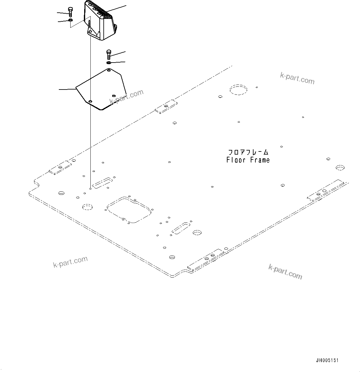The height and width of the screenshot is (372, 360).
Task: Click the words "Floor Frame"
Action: [x=248, y=160]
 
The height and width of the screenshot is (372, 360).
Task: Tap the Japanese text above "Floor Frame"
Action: [x=248, y=152]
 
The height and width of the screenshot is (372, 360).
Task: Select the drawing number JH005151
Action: [x=327, y=361]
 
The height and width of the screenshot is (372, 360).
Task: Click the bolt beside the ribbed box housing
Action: [x=70, y=12]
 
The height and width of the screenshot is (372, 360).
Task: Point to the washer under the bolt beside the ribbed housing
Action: [x=71, y=20]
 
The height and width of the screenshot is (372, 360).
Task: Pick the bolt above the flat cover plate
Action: [x=109, y=55]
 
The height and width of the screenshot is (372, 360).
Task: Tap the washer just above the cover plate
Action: [x=109, y=63]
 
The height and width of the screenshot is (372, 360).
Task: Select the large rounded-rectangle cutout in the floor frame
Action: [x=128, y=209]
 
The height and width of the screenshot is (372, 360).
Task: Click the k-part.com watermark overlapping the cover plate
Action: [x=127, y=97]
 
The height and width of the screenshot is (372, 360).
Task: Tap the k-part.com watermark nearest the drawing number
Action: [x=285, y=272]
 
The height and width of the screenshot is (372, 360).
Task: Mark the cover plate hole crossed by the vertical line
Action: [x=90, y=101]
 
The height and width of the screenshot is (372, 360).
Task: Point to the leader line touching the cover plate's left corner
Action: [x=67, y=90]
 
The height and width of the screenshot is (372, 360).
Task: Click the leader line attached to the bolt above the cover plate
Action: [x=119, y=53]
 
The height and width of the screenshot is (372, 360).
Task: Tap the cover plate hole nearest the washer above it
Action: [x=109, y=71]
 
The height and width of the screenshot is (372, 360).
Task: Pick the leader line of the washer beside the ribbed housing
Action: [x=63, y=21]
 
